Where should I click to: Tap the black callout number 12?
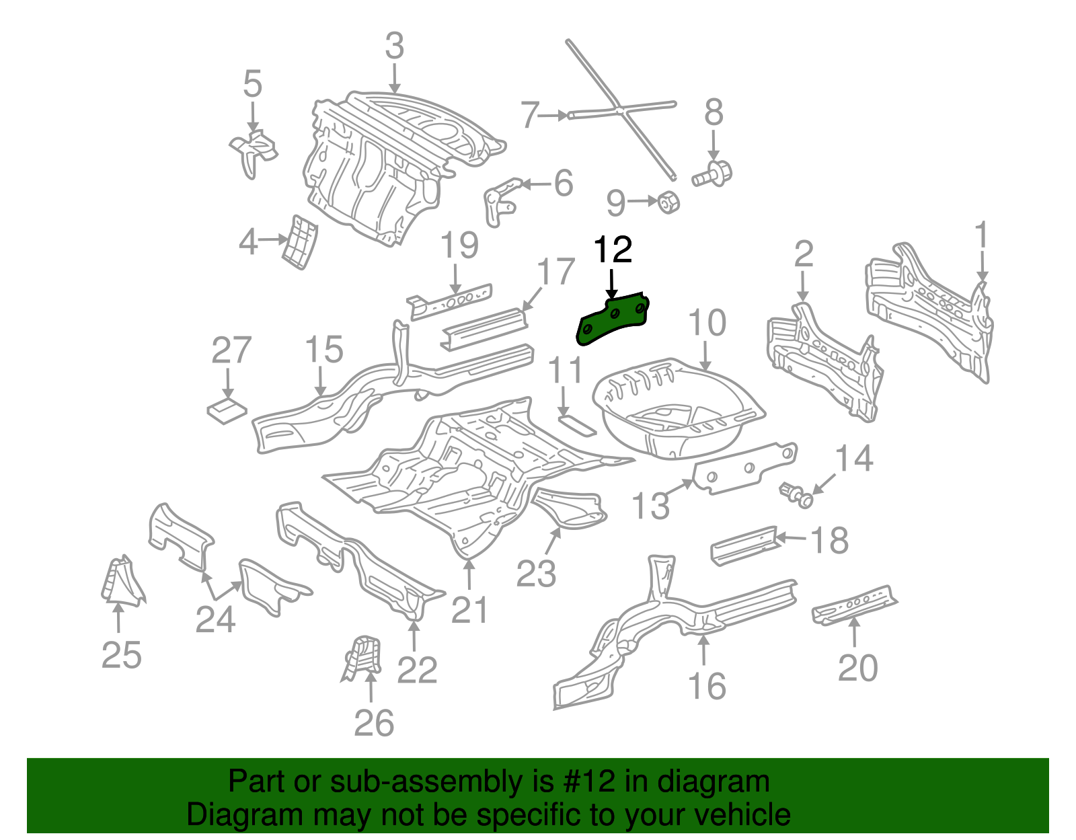coord(613,250)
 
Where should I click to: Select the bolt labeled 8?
coord(714,175)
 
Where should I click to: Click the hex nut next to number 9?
coord(668,201)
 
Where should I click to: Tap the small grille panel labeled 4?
coord(300,242)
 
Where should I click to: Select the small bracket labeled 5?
coord(254,151)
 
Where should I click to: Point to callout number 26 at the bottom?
coord(374,724)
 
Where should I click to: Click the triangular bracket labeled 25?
coord(122,581)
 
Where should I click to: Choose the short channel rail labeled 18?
coord(743,545)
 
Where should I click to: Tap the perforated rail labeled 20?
coord(854,603)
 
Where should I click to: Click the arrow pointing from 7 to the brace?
coord(555,116)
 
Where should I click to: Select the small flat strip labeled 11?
coord(576,425)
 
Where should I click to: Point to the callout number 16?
coord(707,686)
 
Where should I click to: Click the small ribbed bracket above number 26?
coord(363,658)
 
